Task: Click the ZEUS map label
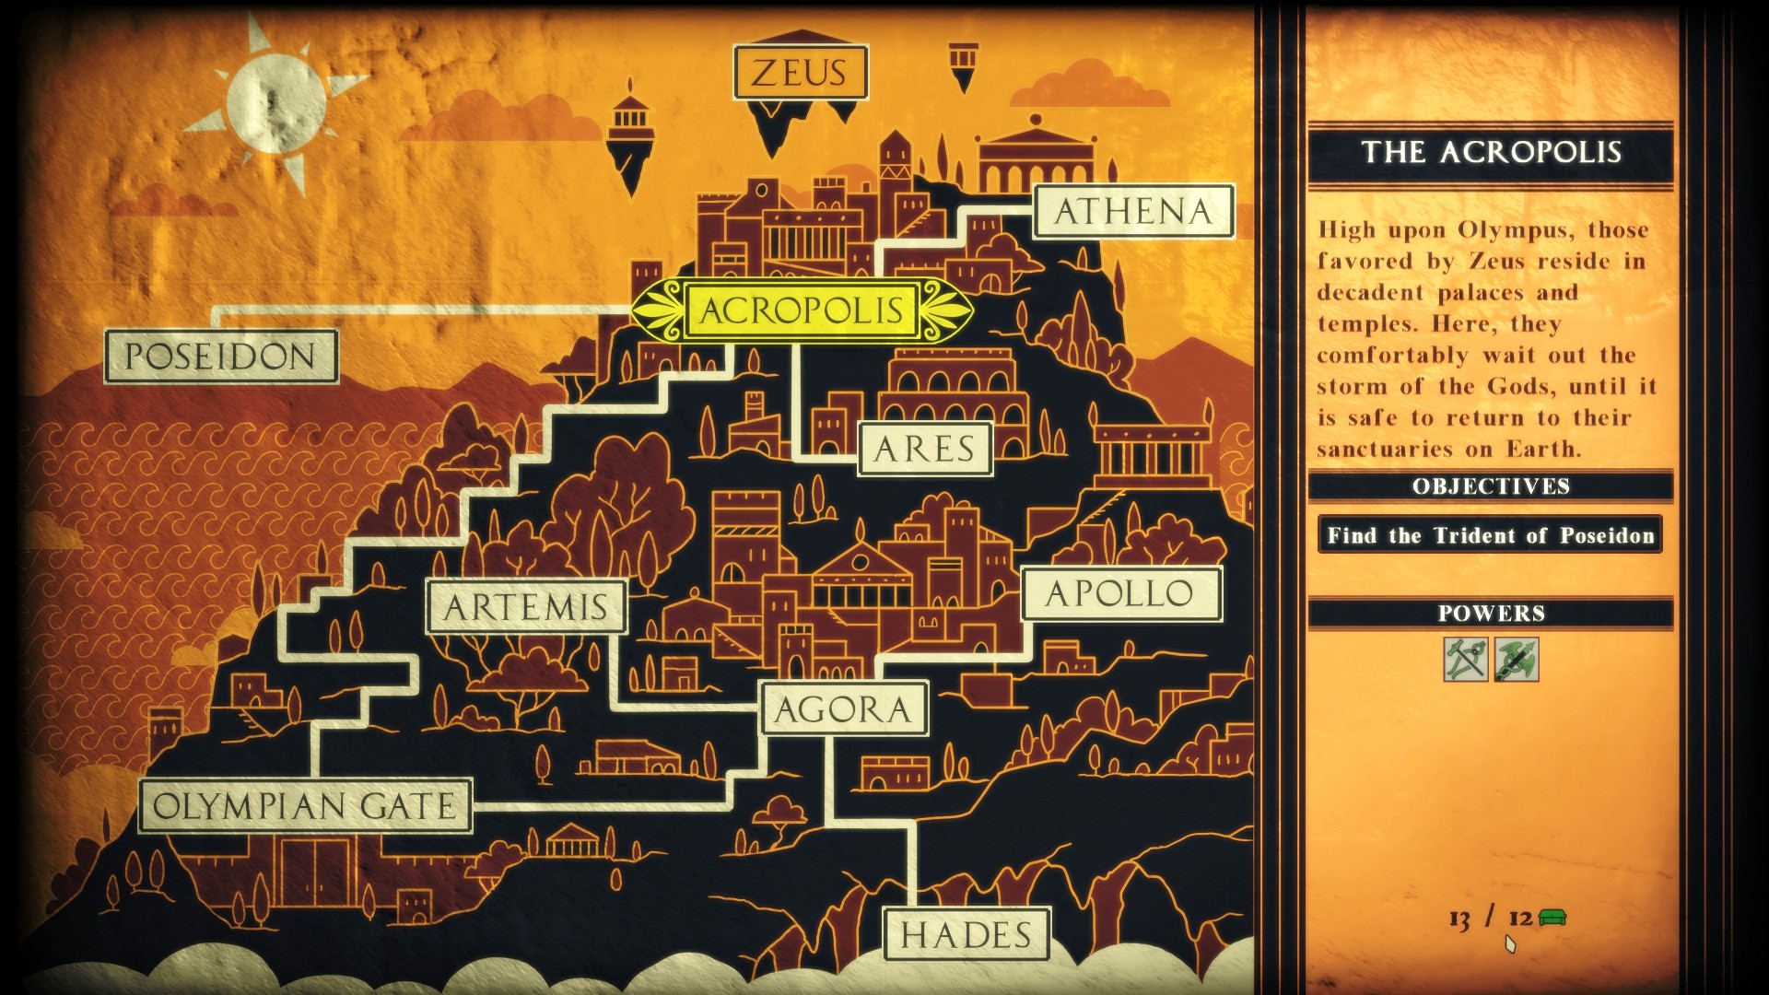click(800, 73)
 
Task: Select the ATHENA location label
click(1132, 212)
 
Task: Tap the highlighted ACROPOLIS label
click(802, 310)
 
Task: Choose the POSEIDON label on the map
click(221, 357)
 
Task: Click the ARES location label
click(924, 450)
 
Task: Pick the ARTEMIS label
click(526, 607)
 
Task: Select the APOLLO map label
click(1120, 594)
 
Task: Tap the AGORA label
click(843, 709)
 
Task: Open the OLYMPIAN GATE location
click(305, 806)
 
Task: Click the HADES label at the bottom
click(967, 935)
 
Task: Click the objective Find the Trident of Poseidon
click(1490, 535)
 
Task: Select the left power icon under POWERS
click(1465, 660)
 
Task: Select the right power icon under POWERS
click(1517, 660)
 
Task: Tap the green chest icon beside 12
click(1552, 918)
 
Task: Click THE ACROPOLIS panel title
click(1491, 152)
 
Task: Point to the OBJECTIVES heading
click(1491, 486)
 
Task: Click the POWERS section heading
click(1491, 614)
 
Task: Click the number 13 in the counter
click(1459, 919)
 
